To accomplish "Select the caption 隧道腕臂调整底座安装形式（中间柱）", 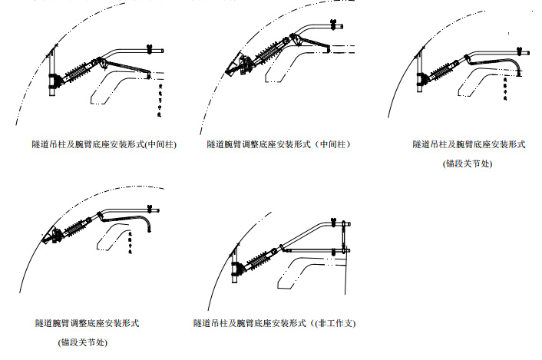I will point(279,144).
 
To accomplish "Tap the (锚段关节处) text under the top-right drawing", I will point(467,163).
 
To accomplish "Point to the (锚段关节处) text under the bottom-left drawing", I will point(83,342).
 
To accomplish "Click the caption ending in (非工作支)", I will point(274,323).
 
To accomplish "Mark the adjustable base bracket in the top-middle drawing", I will point(242,65).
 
